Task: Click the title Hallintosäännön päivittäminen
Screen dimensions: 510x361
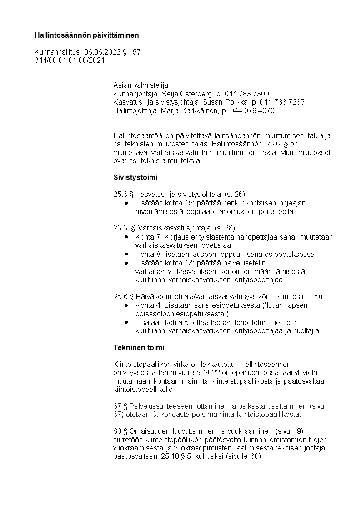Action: click(x=87, y=35)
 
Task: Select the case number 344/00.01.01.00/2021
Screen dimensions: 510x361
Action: click(x=70, y=60)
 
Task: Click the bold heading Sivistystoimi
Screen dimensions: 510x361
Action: click(x=135, y=177)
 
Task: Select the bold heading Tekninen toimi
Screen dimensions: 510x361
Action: click(x=139, y=348)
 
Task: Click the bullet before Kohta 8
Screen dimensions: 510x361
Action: click(x=126, y=255)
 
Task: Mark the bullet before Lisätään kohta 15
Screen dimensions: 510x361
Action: click(x=126, y=203)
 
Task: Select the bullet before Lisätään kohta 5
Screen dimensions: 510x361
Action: click(x=126, y=322)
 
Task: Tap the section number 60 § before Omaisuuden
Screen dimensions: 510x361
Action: click(x=120, y=431)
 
